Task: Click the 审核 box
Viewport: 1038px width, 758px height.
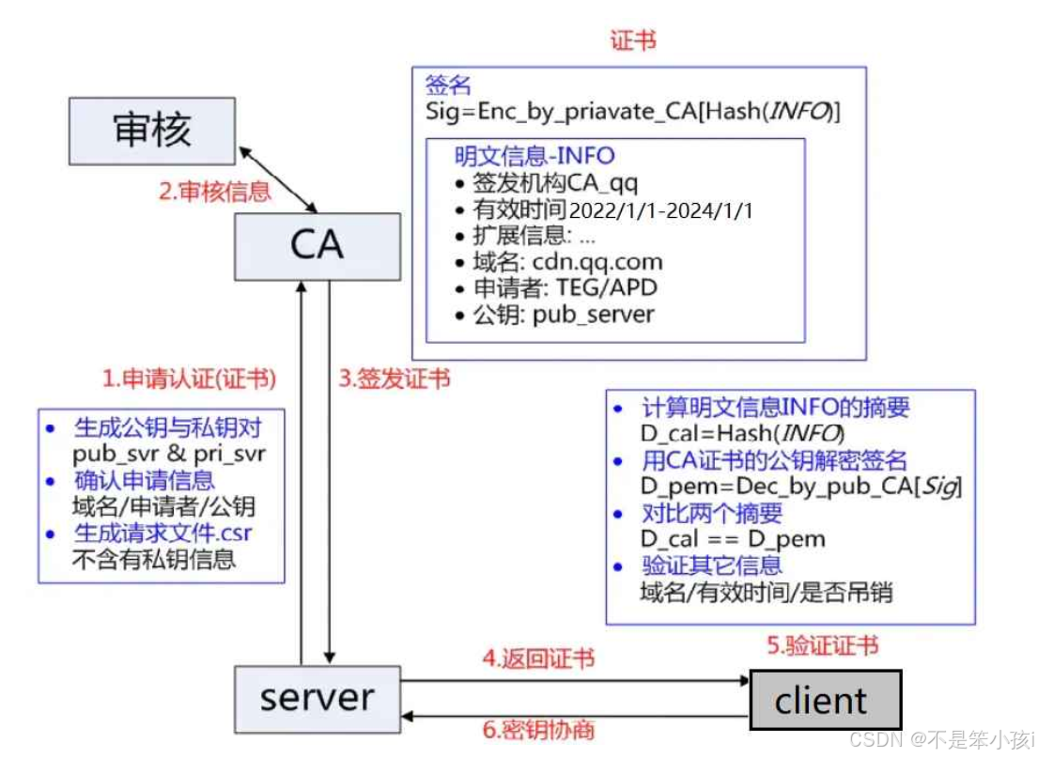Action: (x=152, y=131)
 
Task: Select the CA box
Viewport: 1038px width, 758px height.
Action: (x=317, y=246)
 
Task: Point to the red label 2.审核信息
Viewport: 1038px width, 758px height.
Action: (x=214, y=192)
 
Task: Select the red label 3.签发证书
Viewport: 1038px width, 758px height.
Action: (x=394, y=379)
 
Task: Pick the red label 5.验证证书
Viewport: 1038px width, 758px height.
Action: (x=822, y=646)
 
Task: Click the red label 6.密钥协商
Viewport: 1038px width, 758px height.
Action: (x=538, y=730)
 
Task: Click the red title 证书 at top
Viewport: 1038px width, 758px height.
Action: (x=633, y=40)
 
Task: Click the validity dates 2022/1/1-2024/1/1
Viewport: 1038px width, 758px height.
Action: (x=660, y=210)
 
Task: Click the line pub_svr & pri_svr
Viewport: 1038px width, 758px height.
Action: (x=169, y=454)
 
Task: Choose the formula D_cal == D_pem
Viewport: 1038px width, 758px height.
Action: (x=733, y=539)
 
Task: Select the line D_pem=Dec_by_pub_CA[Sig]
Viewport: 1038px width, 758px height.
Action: (x=801, y=487)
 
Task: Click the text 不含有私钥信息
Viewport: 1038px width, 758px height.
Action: (x=153, y=560)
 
